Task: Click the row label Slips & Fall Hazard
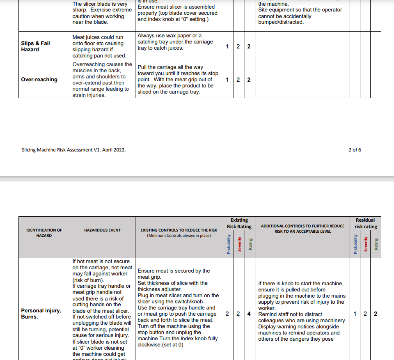point(36,46)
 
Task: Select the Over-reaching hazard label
point(39,80)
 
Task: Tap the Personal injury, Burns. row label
point(41,314)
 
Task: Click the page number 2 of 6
point(355,150)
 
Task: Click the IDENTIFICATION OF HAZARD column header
point(44,233)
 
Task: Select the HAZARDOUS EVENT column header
point(102,230)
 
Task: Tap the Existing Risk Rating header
point(239,223)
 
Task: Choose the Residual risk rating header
point(365,223)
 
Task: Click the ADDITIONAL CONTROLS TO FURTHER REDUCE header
point(302,226)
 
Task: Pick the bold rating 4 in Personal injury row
point(249,314)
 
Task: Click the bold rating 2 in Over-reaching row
point(249,80)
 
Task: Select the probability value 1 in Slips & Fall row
point(227,46)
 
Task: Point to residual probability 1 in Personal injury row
point(355,314)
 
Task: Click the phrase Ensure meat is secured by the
point(174,271)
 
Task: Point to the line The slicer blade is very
point(100,4)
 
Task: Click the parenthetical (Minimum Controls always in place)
point(179,236)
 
